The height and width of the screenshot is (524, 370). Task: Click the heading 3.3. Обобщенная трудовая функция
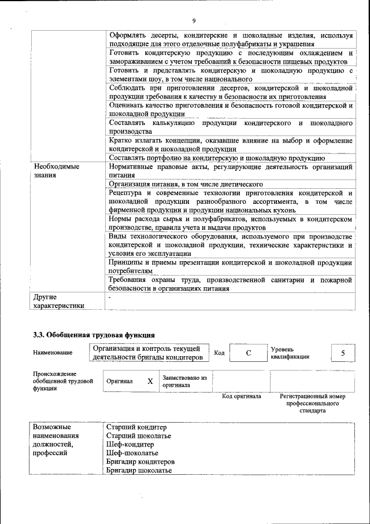(x=94, y=334)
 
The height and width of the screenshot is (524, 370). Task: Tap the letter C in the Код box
(x=247, y=353)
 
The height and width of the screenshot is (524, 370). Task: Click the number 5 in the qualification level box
(x=343, y=353)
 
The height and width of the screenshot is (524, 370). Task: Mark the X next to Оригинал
(x=150, y=382)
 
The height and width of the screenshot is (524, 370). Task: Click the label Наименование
(x=53, y=353)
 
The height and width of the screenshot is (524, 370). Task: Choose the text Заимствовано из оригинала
(x=184, y=381)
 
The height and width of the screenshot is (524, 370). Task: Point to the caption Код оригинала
(x=242, y=397)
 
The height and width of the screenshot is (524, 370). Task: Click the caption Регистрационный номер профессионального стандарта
(x=312, y=404)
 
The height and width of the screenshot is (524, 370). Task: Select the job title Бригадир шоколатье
(x=139, y=471)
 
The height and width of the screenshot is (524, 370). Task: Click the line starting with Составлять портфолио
(x=216, y=158)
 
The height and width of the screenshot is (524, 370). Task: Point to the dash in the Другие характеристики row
(x=109, y=296)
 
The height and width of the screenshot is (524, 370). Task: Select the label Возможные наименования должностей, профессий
(x=58, y=440)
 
